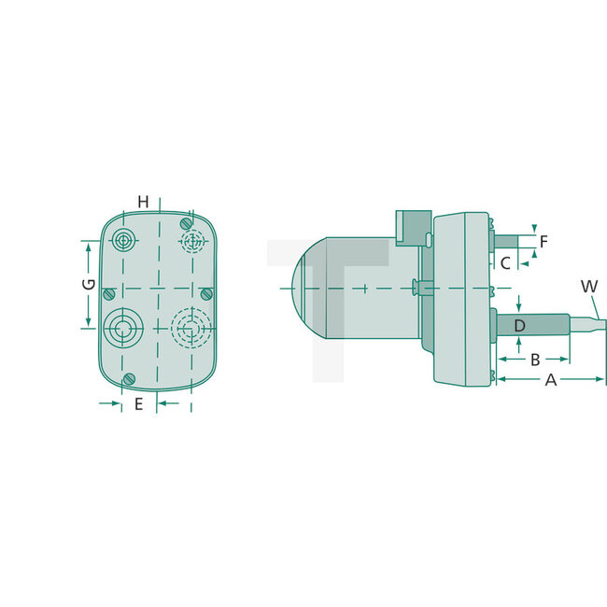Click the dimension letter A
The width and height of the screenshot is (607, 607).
tap(551, 380)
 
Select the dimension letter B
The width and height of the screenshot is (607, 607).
tap(535, 360)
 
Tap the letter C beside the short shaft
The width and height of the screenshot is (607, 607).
tap(505, 263)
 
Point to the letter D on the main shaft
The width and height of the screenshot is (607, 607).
tap(519, 325)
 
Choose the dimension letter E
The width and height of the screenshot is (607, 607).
tap(138, 404)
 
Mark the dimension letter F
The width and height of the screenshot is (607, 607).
tap(543, 240)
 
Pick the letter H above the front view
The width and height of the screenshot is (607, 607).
tap(143, 202)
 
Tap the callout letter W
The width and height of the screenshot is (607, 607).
tap(588, 286)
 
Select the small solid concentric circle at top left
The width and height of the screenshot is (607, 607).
tap(122, 241)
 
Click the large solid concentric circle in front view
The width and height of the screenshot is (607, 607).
tap(121, 328)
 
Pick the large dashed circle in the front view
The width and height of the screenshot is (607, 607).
tap(191, 328)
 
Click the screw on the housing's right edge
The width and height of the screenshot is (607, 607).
tap(207, 294)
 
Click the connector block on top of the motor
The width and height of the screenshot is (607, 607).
tap(411, 229)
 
